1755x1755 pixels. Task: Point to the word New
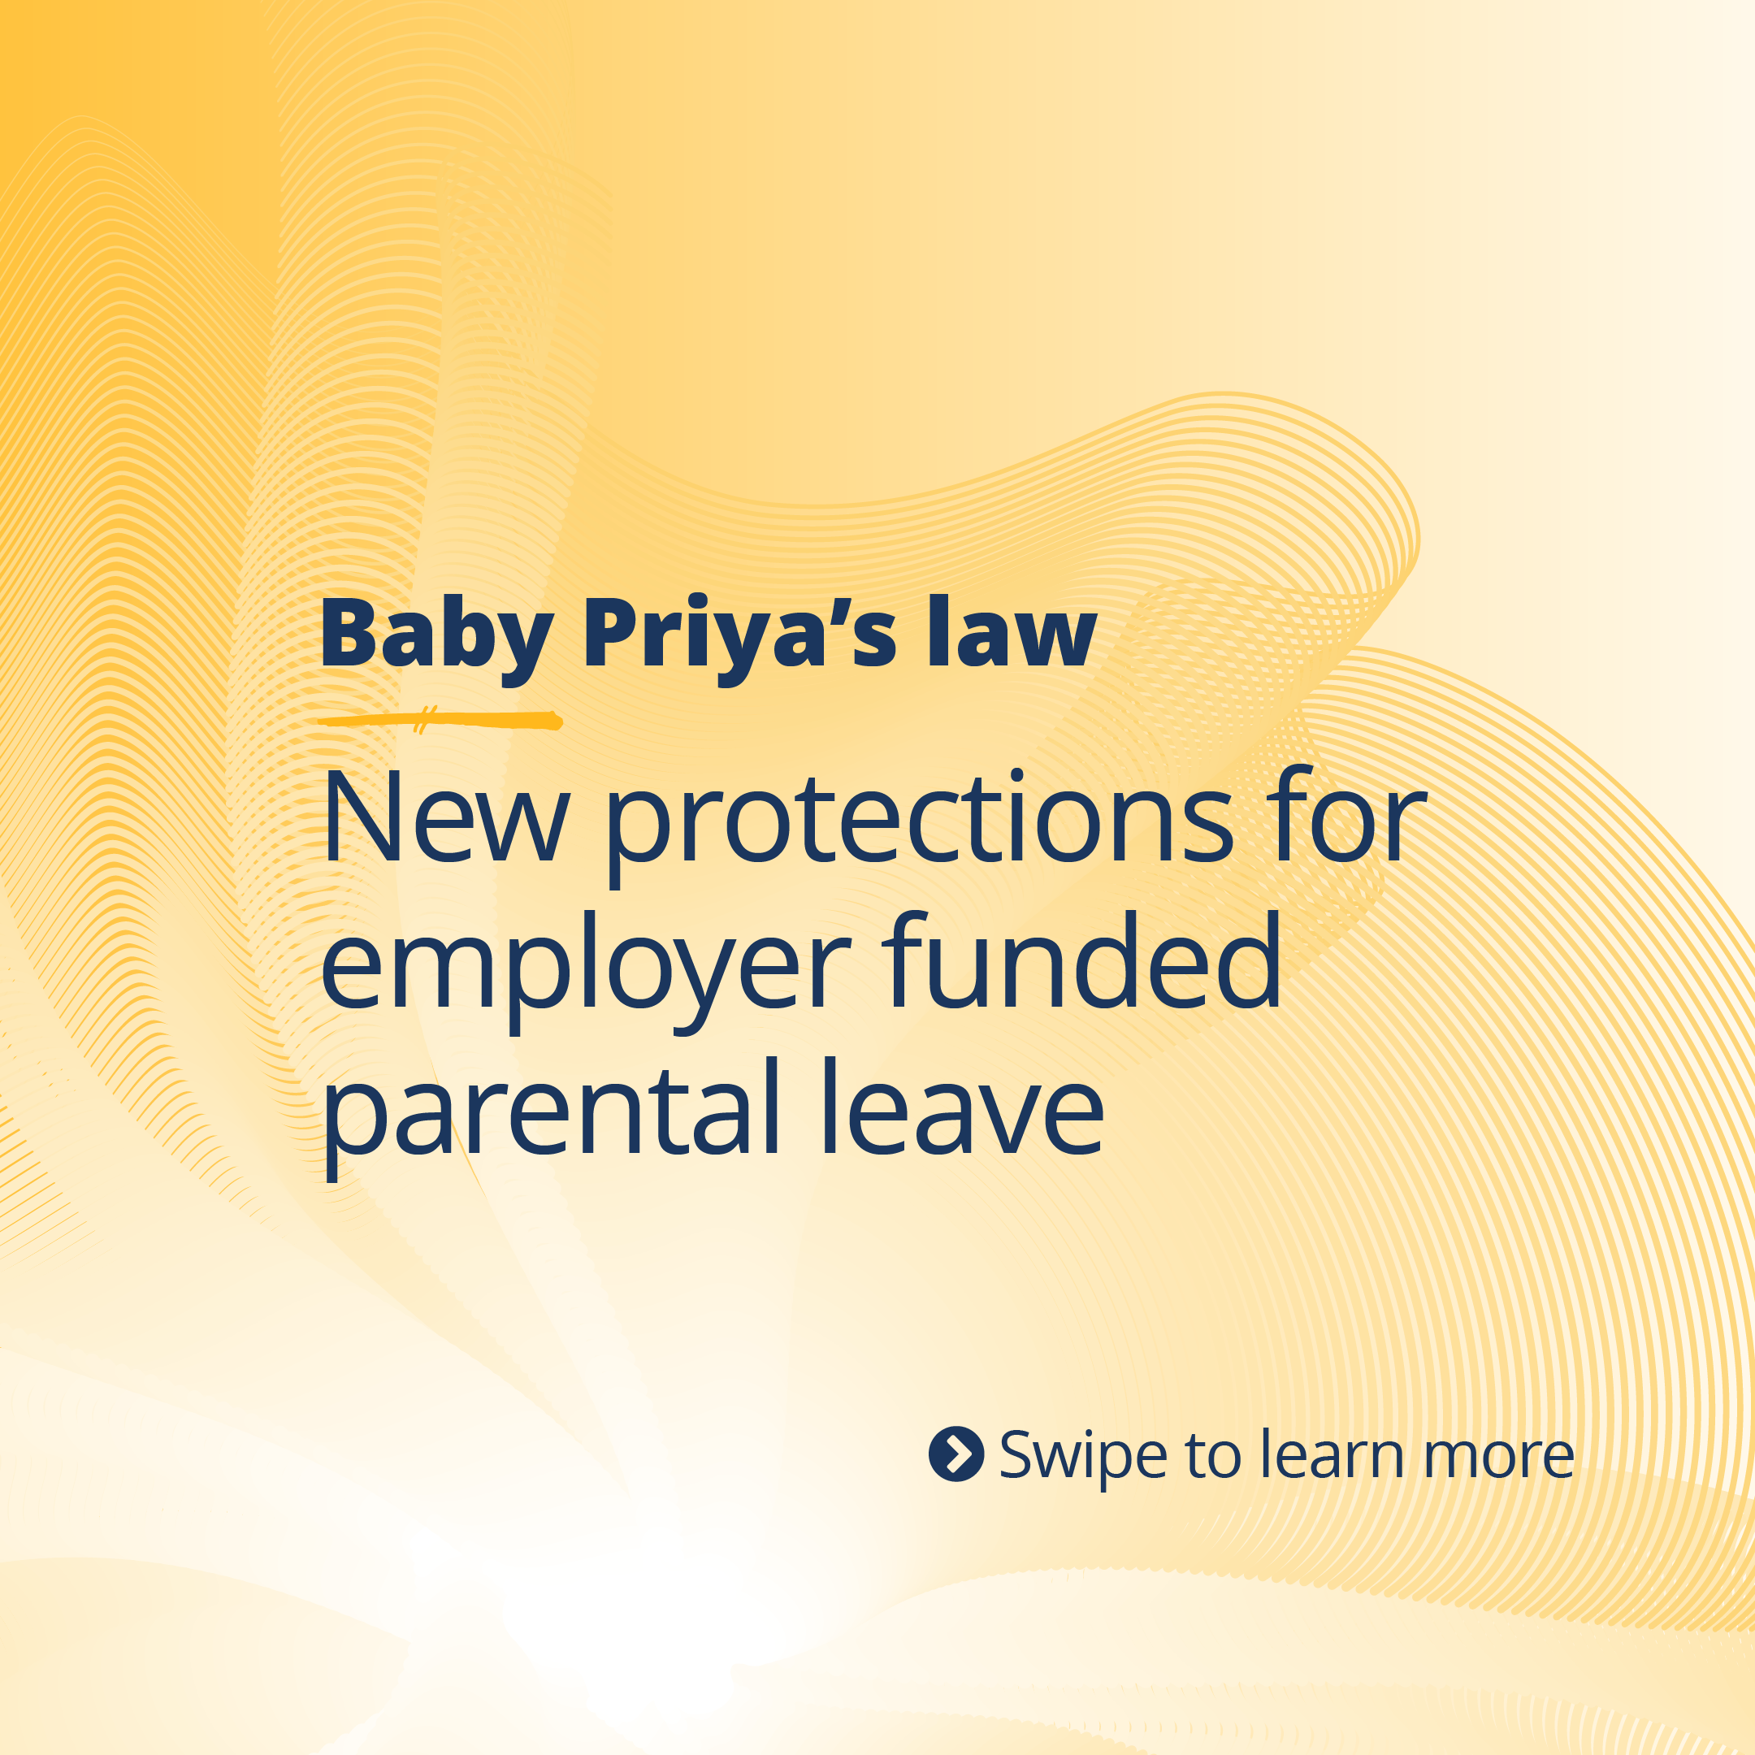click(445, 817)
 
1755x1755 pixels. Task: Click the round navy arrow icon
click(955, 1454)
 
